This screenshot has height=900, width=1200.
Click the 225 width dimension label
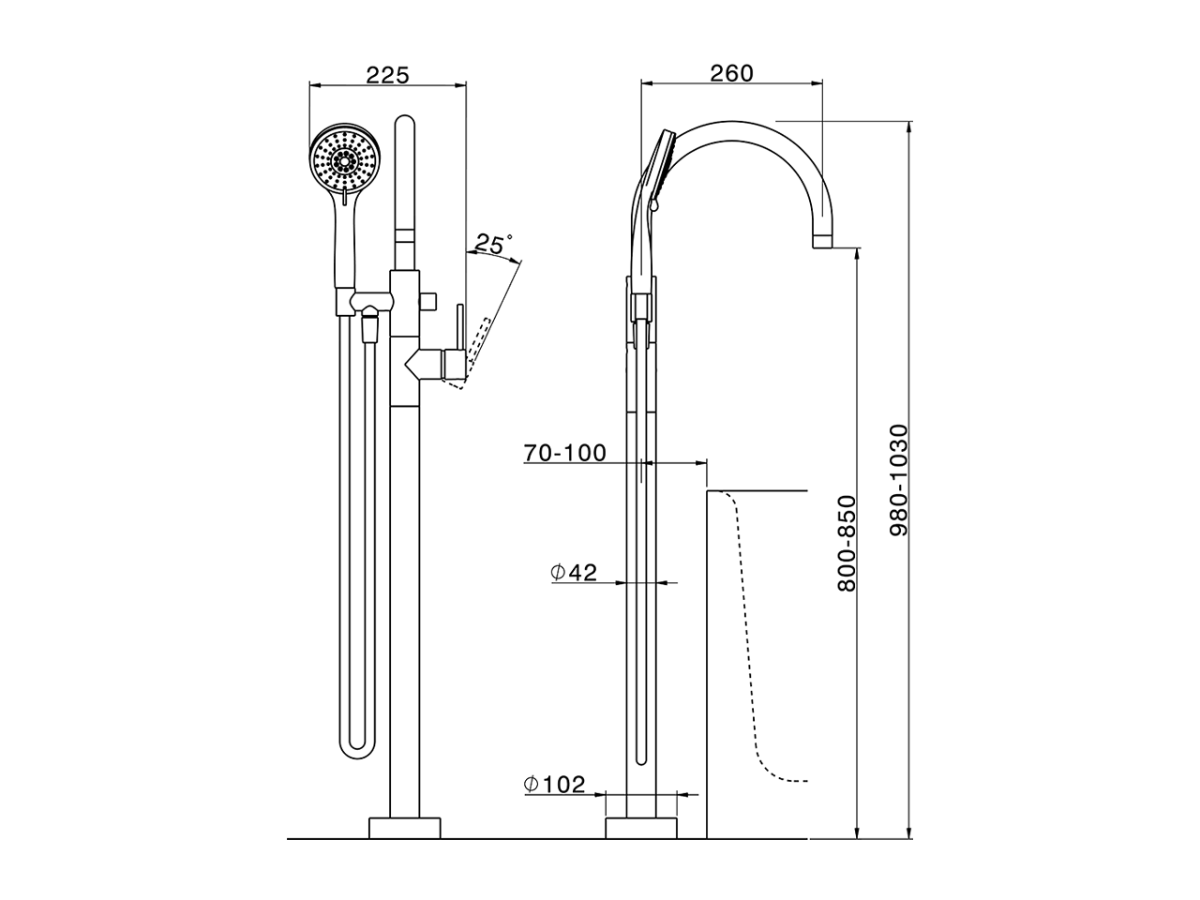click(387, 75)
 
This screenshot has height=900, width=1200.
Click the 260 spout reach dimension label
click(731, 73)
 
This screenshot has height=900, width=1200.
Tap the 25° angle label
click(492, 244)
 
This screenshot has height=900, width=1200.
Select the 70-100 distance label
click(564, 453)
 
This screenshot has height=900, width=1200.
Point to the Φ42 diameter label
click(574, 572)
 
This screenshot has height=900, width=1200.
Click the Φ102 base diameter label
click(554, 785)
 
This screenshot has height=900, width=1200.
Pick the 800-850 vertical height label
click(847, 543)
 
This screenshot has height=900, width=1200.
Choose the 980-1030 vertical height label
click(898, 480)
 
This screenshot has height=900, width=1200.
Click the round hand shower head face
click(345, 160)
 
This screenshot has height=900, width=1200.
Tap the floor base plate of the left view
click(405, 828)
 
